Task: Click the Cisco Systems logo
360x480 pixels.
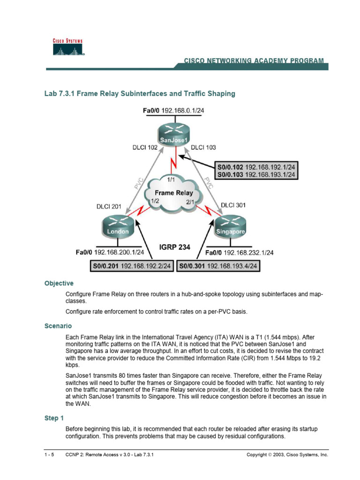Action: tap(67, 47)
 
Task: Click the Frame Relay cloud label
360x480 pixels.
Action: tap(173, 193)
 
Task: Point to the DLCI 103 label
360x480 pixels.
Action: tap(204, 148)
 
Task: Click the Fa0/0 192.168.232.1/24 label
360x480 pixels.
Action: tap(240, 253)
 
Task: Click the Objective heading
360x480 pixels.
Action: tap(59, 284)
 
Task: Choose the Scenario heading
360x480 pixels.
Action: tap(58, 325)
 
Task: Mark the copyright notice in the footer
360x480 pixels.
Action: tap(287, 455)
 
